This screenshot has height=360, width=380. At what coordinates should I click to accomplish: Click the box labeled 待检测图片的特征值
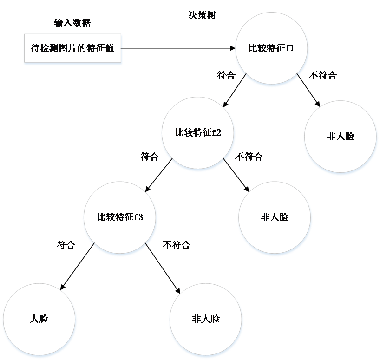pos(73,48)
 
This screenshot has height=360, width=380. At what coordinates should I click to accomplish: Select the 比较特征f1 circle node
pos(271,48)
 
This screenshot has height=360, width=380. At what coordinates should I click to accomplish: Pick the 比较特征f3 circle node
pos(120,217)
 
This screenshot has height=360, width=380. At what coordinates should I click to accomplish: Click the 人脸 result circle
pos(39,319)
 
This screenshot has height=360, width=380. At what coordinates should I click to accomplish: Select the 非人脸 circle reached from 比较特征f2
pos(275,217)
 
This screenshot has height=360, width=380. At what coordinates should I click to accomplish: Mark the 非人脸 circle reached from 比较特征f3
pos(206,319)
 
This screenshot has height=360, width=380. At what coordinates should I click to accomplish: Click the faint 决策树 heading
pos(201,15)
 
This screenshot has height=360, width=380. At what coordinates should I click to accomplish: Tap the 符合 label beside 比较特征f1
pos(226,76)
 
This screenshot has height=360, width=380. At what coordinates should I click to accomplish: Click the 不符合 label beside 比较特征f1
pos(322,76)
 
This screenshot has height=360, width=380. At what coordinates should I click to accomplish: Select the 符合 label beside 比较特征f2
pos(149,157)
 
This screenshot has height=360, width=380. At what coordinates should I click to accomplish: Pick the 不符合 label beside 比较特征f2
pos(249,157)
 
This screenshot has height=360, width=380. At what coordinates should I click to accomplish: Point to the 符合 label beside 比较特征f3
pos(66,245)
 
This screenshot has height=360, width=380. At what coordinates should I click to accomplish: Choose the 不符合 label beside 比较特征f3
pos(176,245)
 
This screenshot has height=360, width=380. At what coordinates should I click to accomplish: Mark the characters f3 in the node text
pos(138,217)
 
